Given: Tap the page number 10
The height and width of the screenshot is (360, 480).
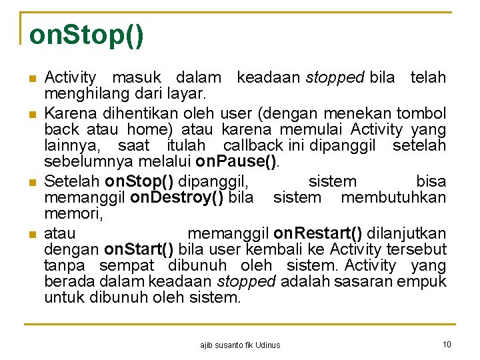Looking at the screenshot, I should pyautogui.click(x=447, y=344).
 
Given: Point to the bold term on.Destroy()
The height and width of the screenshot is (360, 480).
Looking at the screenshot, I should pyautogui.click(x=179, y=198).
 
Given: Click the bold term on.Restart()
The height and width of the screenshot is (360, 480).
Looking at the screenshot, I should pyautogui.click(x=318, y=233).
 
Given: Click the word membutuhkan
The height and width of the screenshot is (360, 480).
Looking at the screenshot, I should pyautogui.click(x=393, y=198).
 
